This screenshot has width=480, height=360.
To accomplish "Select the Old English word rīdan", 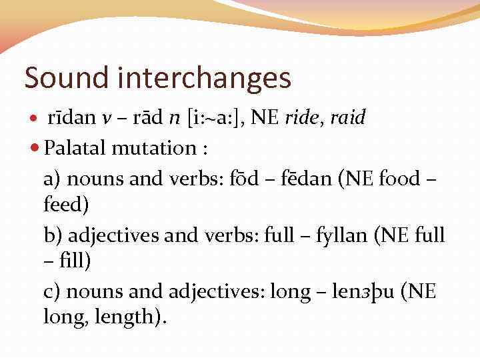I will (x=72, y=118).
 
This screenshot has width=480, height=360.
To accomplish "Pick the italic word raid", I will (x=347, y=118).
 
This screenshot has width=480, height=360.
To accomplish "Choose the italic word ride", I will (x=303, y=118).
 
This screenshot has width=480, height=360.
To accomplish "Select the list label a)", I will (x=53, y=179).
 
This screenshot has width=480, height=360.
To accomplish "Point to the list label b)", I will (x=53, y=235).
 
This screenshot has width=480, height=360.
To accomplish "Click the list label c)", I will (x=53, y=291).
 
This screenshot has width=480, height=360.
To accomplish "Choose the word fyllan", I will (x=340, y=235).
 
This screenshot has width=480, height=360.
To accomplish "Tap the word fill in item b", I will (x=71, y=261).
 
